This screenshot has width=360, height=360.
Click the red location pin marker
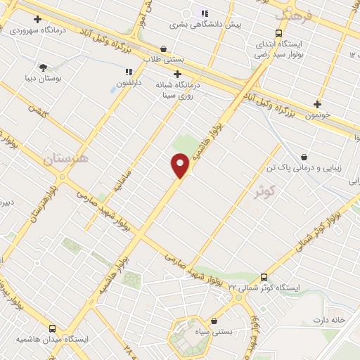point(180,165)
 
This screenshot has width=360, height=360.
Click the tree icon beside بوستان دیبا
point(44,67)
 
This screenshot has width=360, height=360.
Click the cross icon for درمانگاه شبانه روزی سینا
point(177,74)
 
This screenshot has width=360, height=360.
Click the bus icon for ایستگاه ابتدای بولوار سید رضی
point(279,34)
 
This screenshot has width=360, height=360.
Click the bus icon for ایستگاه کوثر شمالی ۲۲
point(264,277)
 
